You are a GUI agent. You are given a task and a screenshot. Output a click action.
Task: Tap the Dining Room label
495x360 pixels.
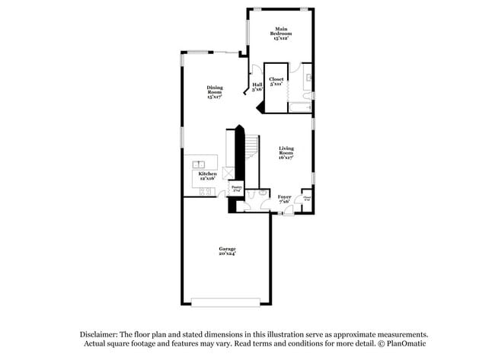pos(216,92)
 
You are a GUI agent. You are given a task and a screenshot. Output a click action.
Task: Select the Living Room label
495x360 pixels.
pos(286,152)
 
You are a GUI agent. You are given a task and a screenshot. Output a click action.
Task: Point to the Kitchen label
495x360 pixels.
pos(208,175)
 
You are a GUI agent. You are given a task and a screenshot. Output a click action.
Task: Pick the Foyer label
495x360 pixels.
pos(284,199)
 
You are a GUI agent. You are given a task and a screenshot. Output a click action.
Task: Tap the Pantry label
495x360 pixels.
pos(237,188)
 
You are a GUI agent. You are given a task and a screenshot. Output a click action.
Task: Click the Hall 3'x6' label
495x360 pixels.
pos(257,86)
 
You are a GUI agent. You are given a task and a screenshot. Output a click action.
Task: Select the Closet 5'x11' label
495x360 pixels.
pos(276,81)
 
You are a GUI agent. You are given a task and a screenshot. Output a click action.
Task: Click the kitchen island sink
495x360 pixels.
pos(200,163)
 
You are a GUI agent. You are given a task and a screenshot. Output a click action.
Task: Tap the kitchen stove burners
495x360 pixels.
pos(206,191)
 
